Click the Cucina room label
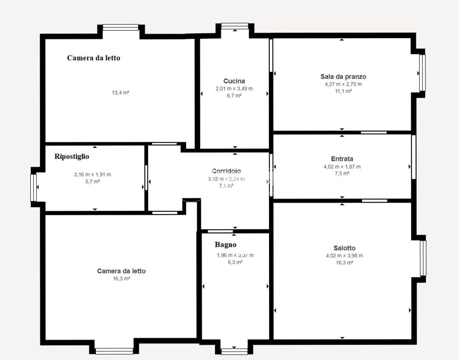(x=234, y=81)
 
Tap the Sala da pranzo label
(x=343, y=76)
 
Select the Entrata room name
(x=342, y=159)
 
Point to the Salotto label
(x=344, y=248)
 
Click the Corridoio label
(x=226, y=171)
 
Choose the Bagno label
(x=226, y=244)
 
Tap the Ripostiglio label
(x=72, y=156)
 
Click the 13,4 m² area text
(x=120, y=93)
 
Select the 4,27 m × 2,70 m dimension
(x=343, y=84)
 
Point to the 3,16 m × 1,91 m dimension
(x=92, y=174)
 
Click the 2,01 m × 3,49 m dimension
(x=234, y=88)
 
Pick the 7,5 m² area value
(x=342, y=173)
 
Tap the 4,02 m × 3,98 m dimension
(x=344, y=256)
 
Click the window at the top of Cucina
(x=235, y=26)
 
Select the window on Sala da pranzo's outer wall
(x=422, y=73)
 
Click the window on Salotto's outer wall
(x=423, y=258)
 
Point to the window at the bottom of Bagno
(x=234, y=351)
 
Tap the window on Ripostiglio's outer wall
(x=33, y=188)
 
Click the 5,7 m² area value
(x=93, y=181)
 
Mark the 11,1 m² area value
(x=344, y=91)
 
